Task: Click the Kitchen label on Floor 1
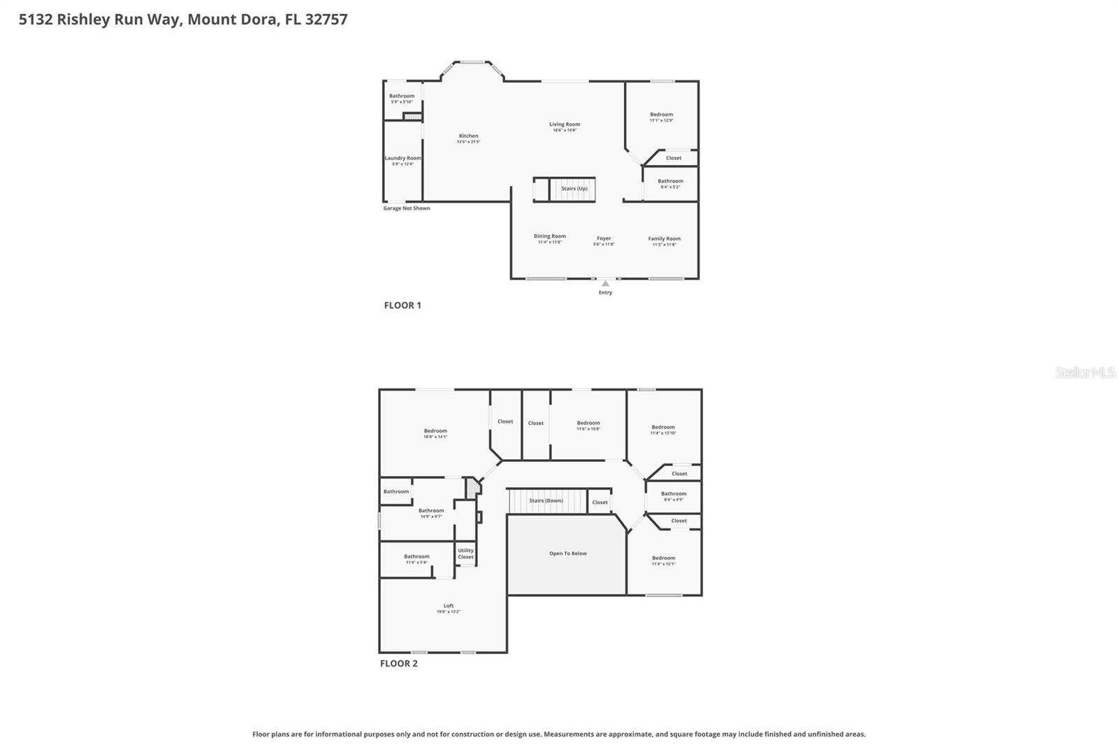[468, 138]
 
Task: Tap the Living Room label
[565, 126]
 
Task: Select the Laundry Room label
[403, 160]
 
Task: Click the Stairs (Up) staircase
[572, 189]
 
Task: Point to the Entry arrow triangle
[605, 284]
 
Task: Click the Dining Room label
[550, 238]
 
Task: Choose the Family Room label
[664, 241]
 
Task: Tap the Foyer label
[604, 240]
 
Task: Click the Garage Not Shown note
[407, 208]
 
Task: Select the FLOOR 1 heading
[402, 305]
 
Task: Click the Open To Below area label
[567, 554]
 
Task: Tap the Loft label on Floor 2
[449, 608]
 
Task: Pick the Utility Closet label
[465, 554]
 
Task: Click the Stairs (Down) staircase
[546, 500]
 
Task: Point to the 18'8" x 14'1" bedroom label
[435, 433]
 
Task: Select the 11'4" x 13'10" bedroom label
[663, 429]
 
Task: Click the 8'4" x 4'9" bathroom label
[674, 496]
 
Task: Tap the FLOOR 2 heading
[399, 663]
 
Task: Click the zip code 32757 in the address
[326, 20]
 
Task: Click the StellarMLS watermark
[1084, 373]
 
